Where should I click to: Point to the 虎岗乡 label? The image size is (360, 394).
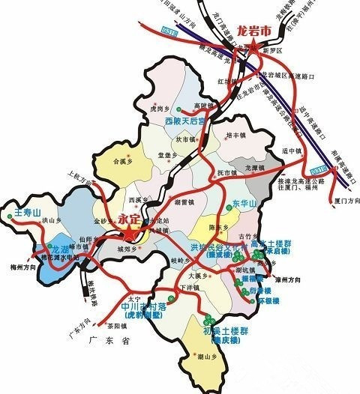click(160, 109)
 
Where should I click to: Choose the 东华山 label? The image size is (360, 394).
click(245, 204)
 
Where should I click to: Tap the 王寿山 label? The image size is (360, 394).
click(26, 212)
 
